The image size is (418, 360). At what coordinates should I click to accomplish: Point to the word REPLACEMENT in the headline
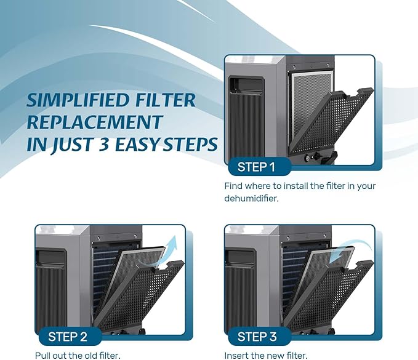[95, 122]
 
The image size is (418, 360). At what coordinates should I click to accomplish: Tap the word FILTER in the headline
[165, 100]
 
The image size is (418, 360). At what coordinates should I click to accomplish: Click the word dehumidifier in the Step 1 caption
[251, 199]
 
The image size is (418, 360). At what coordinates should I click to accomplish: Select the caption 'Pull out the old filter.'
[78, 356]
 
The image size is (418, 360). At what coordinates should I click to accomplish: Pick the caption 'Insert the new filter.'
[266, 356]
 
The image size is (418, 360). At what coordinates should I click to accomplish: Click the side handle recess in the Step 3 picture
[241, 257]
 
